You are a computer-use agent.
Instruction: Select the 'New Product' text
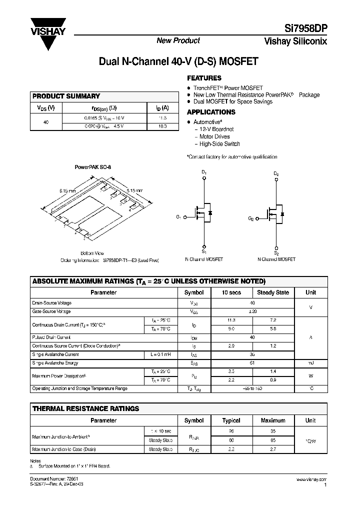(178, 40)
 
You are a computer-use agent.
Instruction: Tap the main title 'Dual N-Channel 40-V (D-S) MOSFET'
(178, 62)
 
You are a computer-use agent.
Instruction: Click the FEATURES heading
(204, 78)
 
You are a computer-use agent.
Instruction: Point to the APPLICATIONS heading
(211, 112)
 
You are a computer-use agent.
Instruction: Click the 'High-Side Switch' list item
(219, 144)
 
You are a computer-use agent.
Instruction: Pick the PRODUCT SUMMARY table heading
(66, 96)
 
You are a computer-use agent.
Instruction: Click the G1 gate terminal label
(178, 216)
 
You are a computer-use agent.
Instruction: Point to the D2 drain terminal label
(276, 173)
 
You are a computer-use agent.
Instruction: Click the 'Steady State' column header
(272, 293)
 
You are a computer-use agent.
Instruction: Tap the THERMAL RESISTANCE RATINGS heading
(85, 408)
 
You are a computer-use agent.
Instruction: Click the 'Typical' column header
(231, 420)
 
